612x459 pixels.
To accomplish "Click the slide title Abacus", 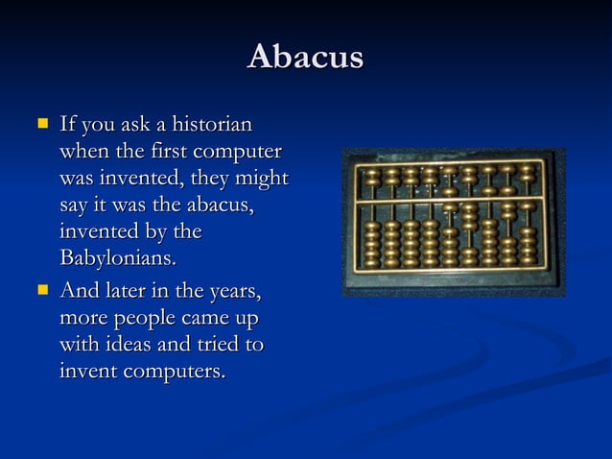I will click(305, 58).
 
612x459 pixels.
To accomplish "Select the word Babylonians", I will click(118, 259).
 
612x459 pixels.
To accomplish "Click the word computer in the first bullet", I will click(239, 152).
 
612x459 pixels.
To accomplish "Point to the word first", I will click(172, 152).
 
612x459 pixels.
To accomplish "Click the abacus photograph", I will click(453, 222).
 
